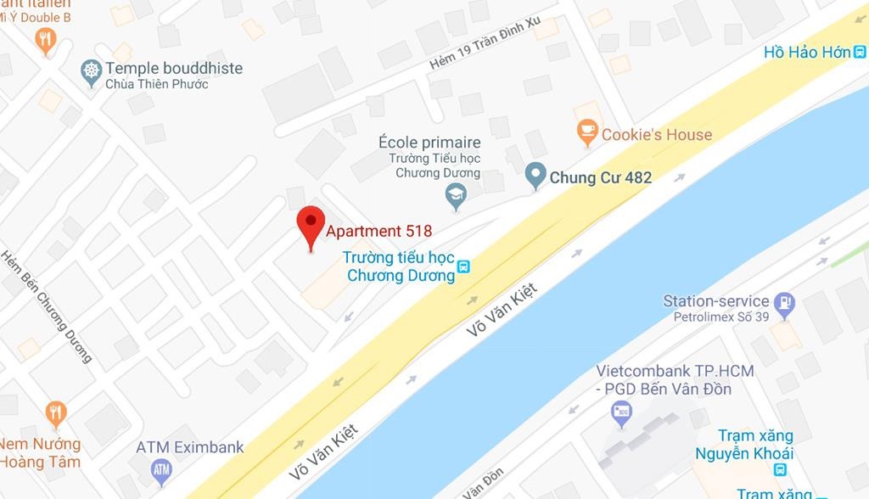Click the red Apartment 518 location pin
click(311, 224)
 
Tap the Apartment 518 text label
click(379, 231)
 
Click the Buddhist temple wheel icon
click(91, 70)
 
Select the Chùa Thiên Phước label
click(156, 84)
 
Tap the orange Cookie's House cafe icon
click(586, 132)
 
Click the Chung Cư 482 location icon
click(535, 176)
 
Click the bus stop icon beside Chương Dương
click(463, 268)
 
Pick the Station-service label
click(715, 301)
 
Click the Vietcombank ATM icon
click(622, 413)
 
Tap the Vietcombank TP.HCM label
click(674, 372)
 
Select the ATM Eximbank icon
click(161, 468)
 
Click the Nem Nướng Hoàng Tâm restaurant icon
click(56, 413)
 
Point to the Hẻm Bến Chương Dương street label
click(47, 306)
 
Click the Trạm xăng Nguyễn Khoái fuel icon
click(780, 469)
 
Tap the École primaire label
click(429, 143)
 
